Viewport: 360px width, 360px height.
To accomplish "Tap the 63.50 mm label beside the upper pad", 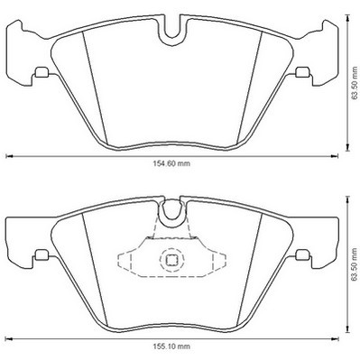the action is coord(355,83).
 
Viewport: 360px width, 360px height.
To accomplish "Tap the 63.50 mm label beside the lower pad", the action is coord(355,264).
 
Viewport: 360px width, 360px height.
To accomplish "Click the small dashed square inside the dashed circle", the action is coord(171,260).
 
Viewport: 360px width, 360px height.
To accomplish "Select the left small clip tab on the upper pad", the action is coord(42,72).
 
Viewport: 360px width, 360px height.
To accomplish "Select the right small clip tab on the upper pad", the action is coord(302,72).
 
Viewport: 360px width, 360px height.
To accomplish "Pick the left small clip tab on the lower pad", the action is coord(42,254).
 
